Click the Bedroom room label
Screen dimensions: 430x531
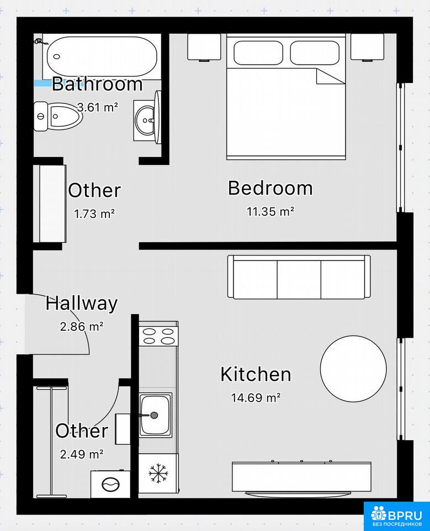pyautogui.click(x=270, y=188)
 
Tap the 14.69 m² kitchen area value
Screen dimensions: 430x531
pyautogui.click(x=256, y=397)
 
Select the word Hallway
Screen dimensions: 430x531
pyautogui.click(x=82, y=304)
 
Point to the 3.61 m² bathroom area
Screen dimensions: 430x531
pyautogui.click(x=98, y=107)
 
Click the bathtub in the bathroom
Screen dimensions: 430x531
pyautogui.click(x=102, y=56)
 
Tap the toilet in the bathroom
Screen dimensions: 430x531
pyautogui.click(x=58, y=116)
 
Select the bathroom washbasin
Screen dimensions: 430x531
pyautogui.click(x=147, y=120)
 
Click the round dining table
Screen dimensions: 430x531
pyautogui.click(x=353, y=368)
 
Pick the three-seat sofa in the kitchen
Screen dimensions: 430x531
pyautogui.click(x=299, y=277)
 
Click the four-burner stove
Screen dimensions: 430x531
pyautogui.click(x=158, y=336)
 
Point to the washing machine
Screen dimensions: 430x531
pyautogui.click(x=110, y=484)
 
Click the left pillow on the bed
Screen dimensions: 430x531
pyautogui.click(x=258, y=53)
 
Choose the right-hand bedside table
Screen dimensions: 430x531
pyautogui.click(x=367, y=47)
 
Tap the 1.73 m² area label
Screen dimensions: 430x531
pyautogui.click(x=94, y=214)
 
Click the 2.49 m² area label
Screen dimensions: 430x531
pyautogui.click(x=82, y=454)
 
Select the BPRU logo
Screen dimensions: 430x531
pyautogui.click(x=396, y=516)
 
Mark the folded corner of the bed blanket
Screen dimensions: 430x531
pyautogui.click(x=330, y=76)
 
